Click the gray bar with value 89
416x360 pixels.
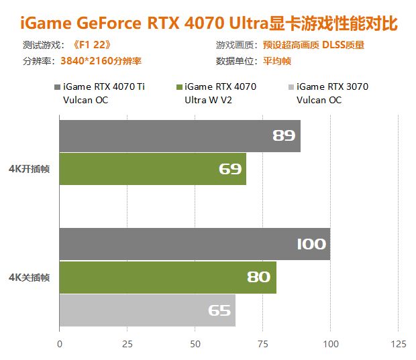[180, 136]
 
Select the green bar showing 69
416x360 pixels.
[152, 169]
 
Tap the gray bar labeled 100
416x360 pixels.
[195, 244]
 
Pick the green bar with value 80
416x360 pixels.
[168, 277]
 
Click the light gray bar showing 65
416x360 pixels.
[148, 310]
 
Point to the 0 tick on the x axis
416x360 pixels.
[60, 344]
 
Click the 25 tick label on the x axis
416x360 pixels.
[127, 344]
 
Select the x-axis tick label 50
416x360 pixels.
[195, 344]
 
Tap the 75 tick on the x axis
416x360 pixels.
[262, 344]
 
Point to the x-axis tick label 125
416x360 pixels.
[398, 344]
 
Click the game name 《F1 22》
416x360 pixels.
[91, 46]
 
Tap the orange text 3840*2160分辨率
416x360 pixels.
[101, 60]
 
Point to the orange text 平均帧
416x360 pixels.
[277, 60]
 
